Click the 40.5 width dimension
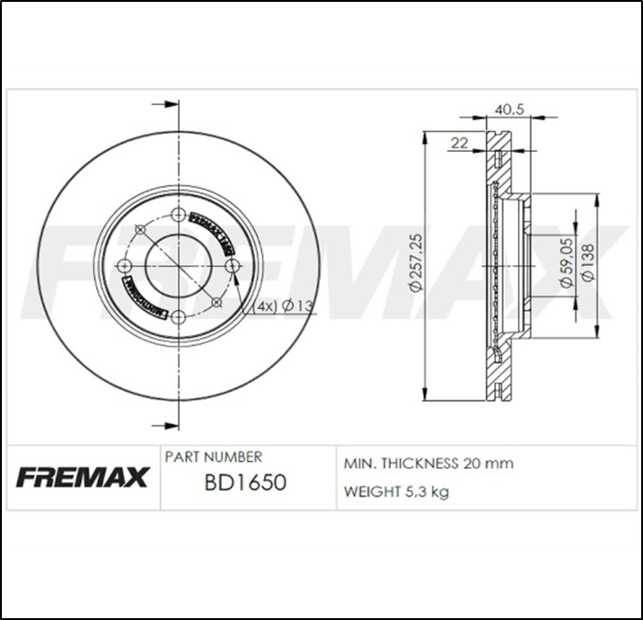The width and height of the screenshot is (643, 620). pyautogui.click(x=509, y=110)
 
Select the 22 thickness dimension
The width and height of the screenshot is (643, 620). pyautogui.click(x=460, y=143)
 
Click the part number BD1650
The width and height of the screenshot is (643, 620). pyautogui.click(x=245, y=483)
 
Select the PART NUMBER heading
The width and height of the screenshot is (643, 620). pyautogui.click(x=214, y=457)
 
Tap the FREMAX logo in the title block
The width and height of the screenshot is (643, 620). pyautogui.click(x=82, y=477)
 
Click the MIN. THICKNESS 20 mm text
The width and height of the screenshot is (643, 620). pyautogui.click(x=429, y=464)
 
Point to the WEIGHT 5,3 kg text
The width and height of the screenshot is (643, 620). pyautogui.click(x=397, y=492)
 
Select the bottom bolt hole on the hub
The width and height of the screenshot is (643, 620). pyautogui.click(x=179, y=317)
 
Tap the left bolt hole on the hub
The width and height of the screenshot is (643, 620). pyautogui.click(x=127, y=266)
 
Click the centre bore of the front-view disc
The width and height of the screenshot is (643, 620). pyautogui.click(x=179, y=266)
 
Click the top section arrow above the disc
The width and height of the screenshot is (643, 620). pyautogui.click(x=163, y=105)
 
